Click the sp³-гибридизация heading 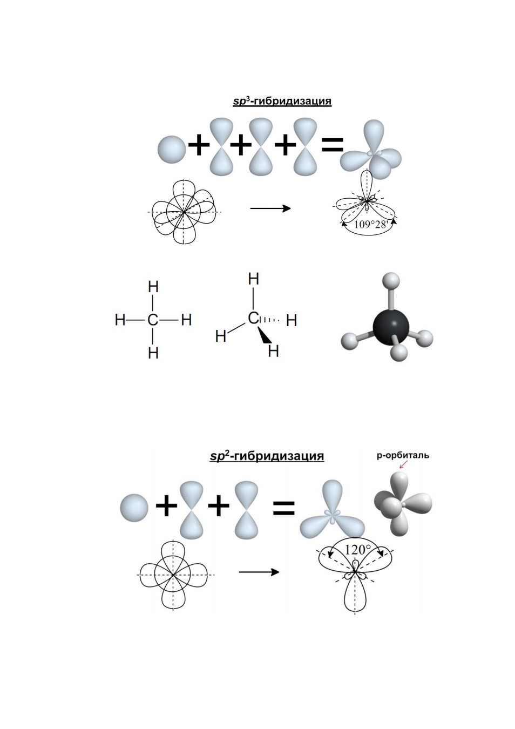[282, 101]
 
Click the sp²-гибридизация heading [267, 456]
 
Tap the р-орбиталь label [403, 455]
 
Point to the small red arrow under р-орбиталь [403, 464]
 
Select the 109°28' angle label [370, 225]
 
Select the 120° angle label [357, 550]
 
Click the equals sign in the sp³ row [332, 145]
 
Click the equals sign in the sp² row [283, 508]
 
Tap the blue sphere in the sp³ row [172, 150]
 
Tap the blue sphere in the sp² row [134, 508]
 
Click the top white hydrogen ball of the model [390, 281]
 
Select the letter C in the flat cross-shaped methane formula [153, 320]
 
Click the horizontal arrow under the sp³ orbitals [270, 208]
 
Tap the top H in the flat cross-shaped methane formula [153, 287]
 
